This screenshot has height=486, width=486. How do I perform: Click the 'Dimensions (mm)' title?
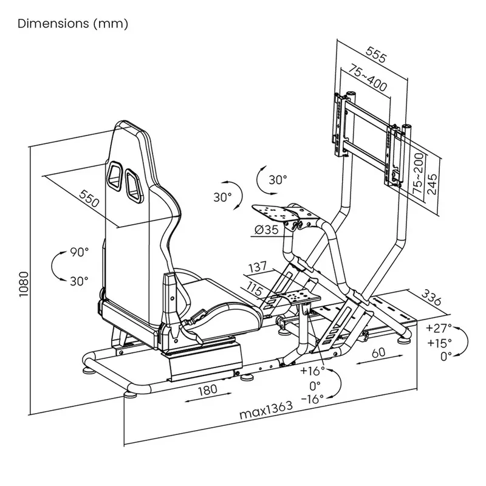pos(73,24)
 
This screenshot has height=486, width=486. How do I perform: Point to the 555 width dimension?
pos(377,56)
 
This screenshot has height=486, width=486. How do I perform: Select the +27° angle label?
pos(439,329)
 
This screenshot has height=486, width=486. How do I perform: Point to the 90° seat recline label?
pos(78,251)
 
